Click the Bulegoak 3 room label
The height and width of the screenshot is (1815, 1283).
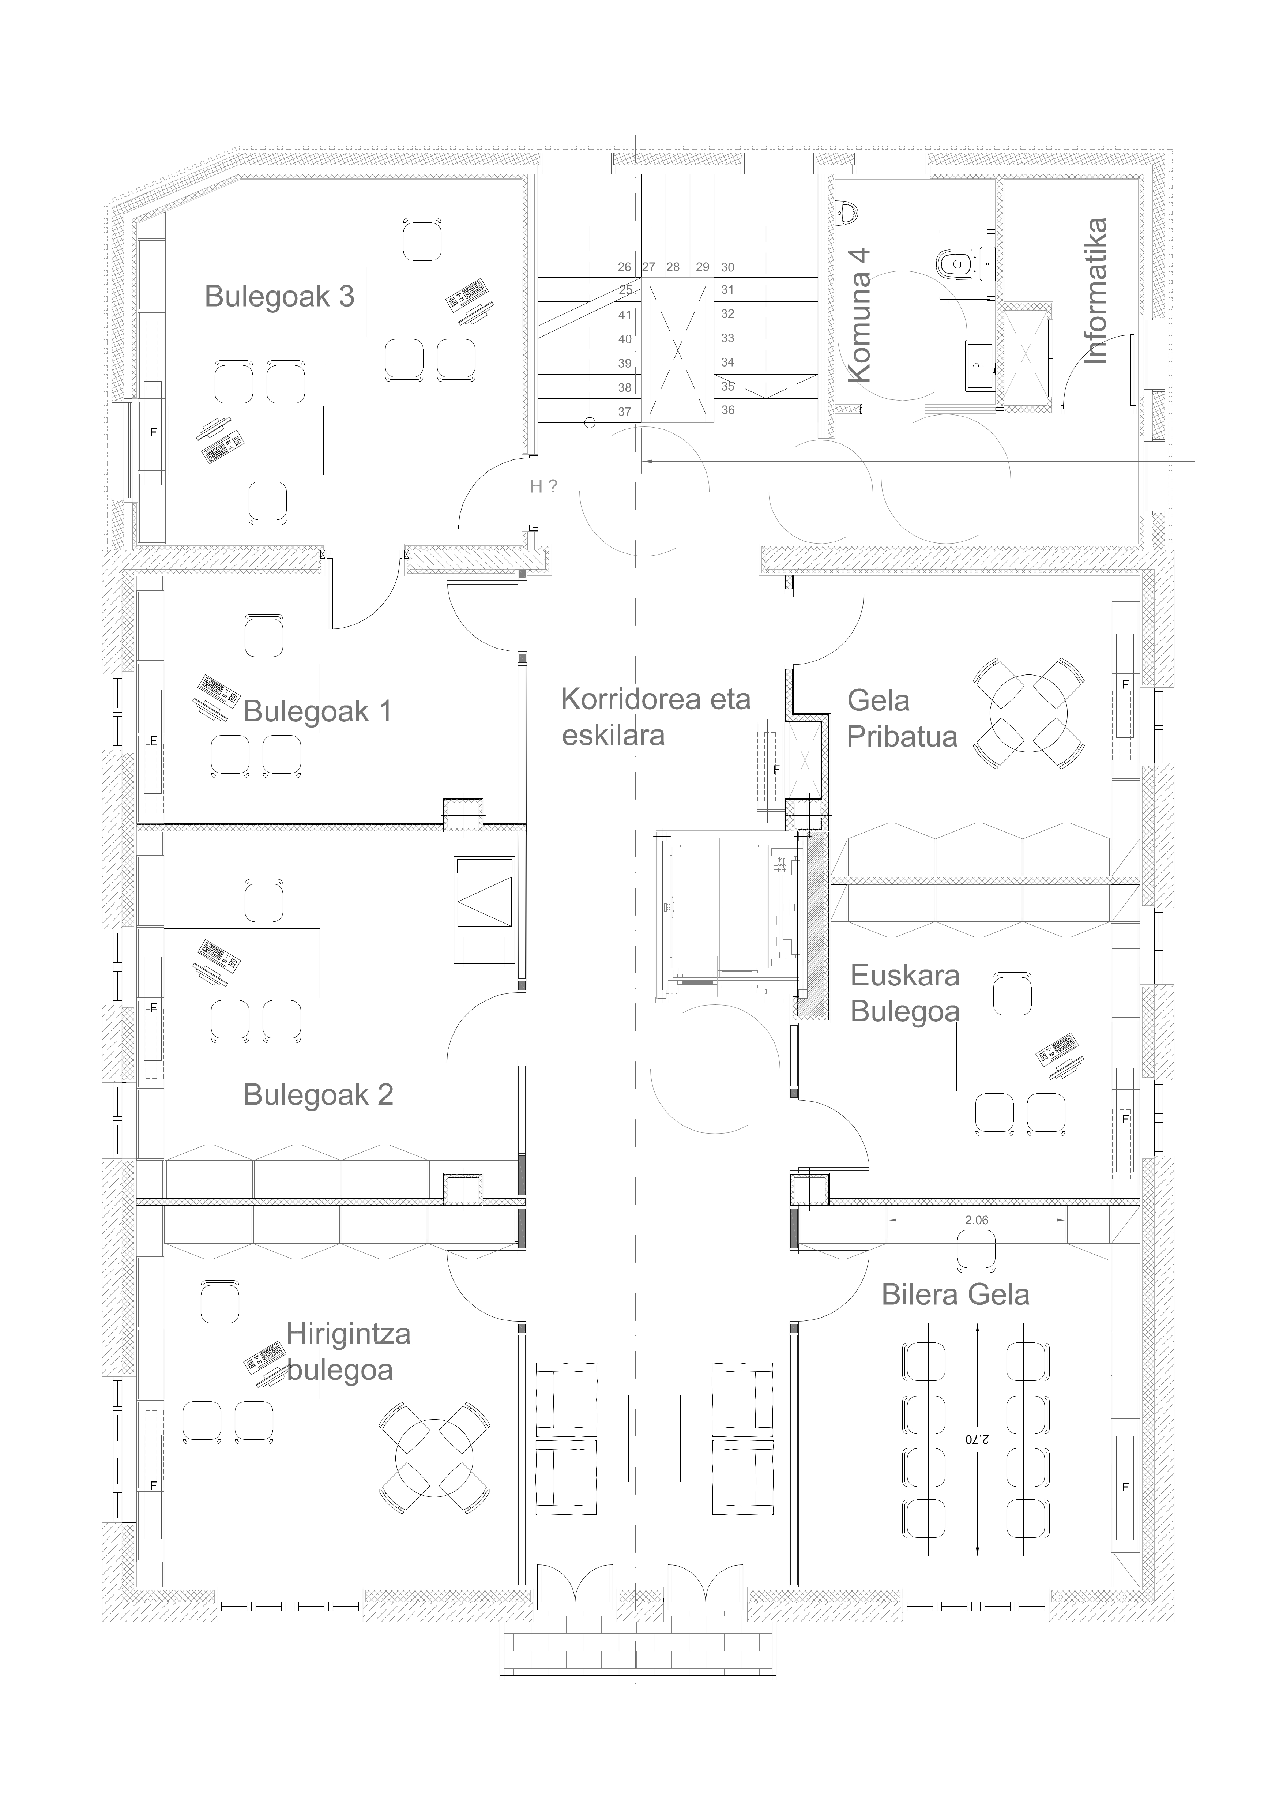(x=279, y=296)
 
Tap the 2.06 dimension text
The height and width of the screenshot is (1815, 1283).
(x=976, y=1220)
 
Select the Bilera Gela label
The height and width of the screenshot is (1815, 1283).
(x=955, y=1295)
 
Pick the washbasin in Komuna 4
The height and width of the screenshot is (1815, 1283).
(x=980, y=365)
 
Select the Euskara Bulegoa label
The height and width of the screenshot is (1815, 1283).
(x=905, y=993)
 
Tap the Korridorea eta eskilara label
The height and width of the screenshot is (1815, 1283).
(x=655, y=717)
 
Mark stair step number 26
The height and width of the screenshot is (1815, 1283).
(x=625, y=267)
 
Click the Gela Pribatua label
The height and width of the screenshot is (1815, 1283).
(x=902, y=718)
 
